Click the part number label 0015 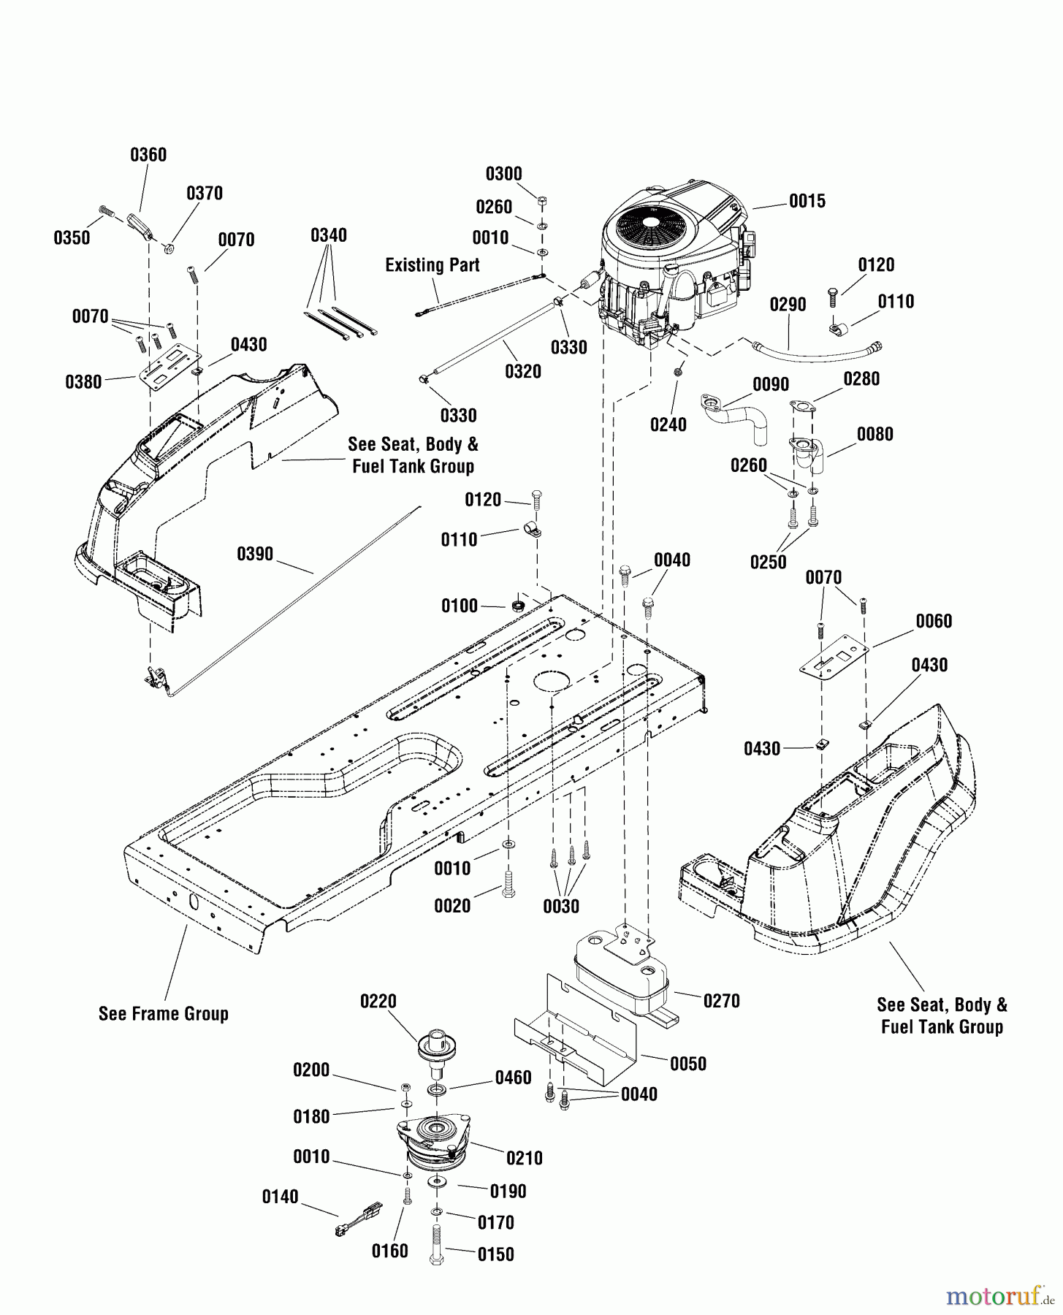pyautogui.click(x=807, y=201)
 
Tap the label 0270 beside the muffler pyautogui.click(x=721, y=1001)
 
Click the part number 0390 pyautogui.click(x=255, y=554)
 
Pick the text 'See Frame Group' pyautogui.click(x=164, y=1014)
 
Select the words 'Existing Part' pyautogui.click(x=433, y=265)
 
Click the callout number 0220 pyautogui.click(x=378, y=1002)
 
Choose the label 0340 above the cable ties pyautogui.click(x=329, y=235)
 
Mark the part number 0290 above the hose pyautogui.click(x=788, y=305)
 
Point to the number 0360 pyautogui.click(x=148, y=155)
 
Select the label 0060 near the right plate pyautogui.click(x=934, y=621)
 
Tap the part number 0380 pyautogui.click(x=83, y=381)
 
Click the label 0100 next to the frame pyautogui.click(x=460, y=606)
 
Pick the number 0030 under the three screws pyautogui.click(x=561, y=907)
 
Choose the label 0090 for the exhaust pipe pyautogui.click(x=771, y=385)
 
